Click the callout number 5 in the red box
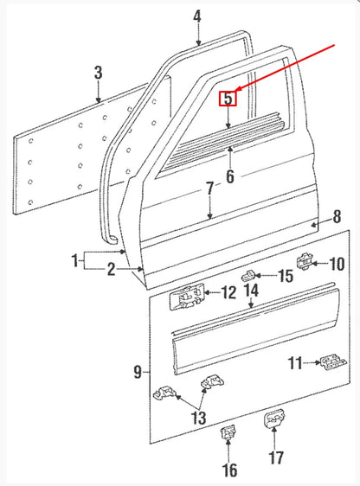[x=227, y=99]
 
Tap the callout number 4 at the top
[x=197, y=16]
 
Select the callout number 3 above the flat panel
[x=98, y=73]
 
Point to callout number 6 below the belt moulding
[x=229, y=177]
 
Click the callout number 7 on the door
[x=210, y=188]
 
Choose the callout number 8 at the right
[x=337, y=216]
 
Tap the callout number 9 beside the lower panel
[x=138, y=373]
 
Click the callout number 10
[x=337, y=263]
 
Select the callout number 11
[x=295, y=363]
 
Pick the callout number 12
[x=228, y=293]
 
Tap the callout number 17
[x=276, y=457]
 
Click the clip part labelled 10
[x=307, y=258]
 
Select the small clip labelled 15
[x=247, y=276]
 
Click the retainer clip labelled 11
[x=328, y=362]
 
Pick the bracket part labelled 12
[x=190, y=297]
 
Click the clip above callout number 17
[x=275, y=419]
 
